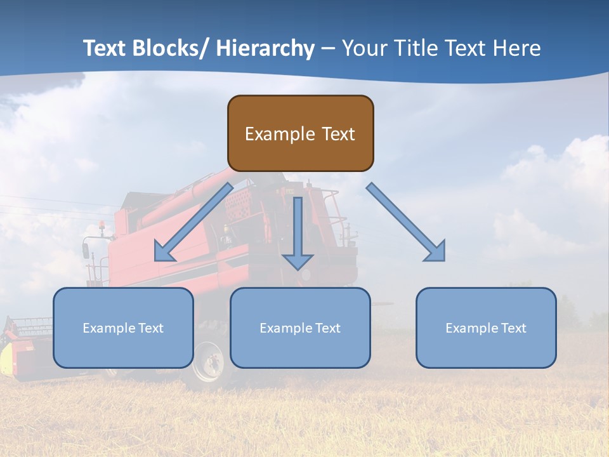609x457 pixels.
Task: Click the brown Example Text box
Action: tap(300, 133)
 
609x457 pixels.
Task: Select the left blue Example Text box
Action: tap(123, 328)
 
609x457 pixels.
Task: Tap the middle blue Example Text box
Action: tap(300, 328)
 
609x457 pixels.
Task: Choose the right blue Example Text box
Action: tap(486, 328)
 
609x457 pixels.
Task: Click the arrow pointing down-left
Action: tap(193, 222)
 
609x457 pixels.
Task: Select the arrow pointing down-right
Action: tap(406, 222)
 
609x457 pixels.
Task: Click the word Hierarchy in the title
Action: tap(265, 48)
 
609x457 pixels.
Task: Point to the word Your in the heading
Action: tap(365, 48)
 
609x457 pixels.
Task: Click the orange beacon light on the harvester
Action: tap(101, 225)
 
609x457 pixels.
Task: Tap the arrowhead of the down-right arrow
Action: tap(436, 251)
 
